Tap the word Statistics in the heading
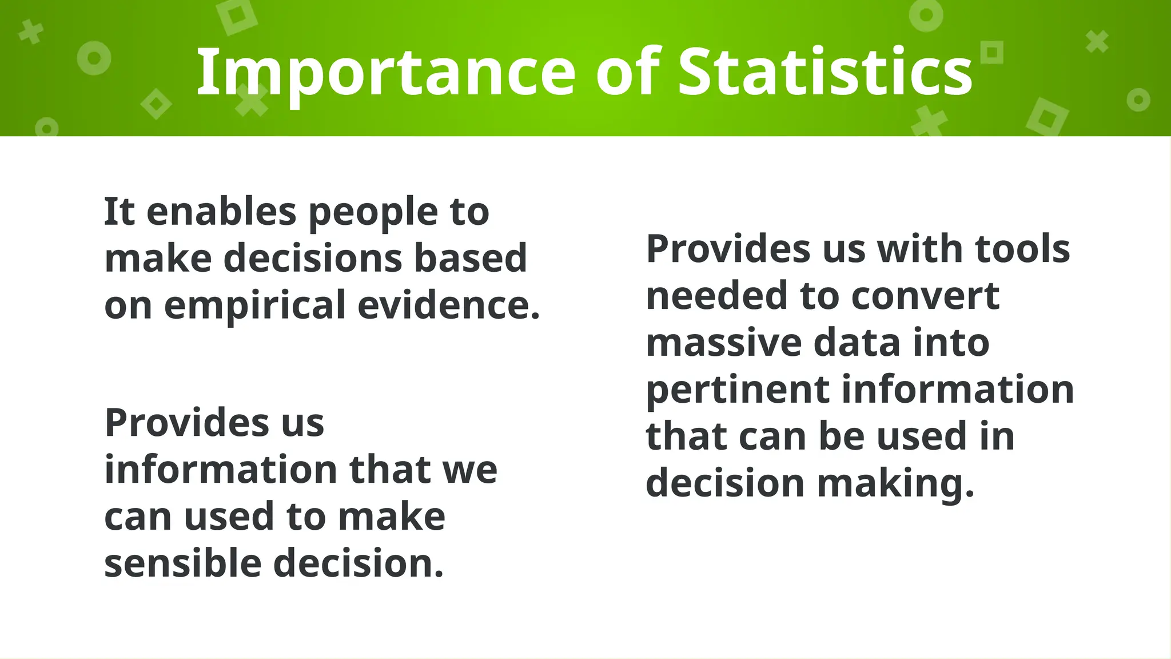pos(825,73)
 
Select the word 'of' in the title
pos(628,73)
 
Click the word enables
pos(222,212)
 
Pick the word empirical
pos(255,305)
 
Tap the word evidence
pos(449,304)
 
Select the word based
pos(470,258)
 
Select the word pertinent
pos(738,391)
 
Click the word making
pos(895,484)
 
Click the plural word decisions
pos(313,258)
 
